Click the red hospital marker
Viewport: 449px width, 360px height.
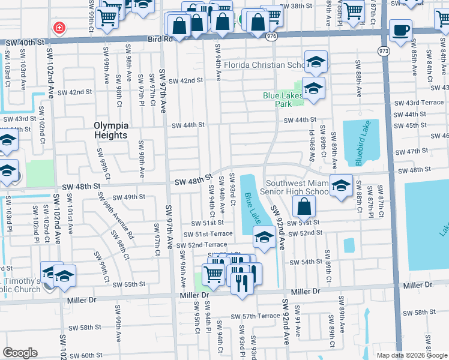click(59, 27)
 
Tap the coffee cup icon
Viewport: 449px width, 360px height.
click(400, 29)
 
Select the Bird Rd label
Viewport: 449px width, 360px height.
click(160, 39)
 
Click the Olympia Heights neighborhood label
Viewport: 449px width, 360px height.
click(111, 130)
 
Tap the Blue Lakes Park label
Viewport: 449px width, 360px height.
click(286, 100)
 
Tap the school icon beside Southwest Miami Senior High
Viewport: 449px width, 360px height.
click(341, 185)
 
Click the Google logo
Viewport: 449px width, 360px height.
click(20, 353)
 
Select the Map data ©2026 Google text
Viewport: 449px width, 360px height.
click(412, 355)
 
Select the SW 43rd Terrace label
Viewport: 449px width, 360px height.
click(418, 103)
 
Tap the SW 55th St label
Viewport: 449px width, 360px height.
click(129, 284)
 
